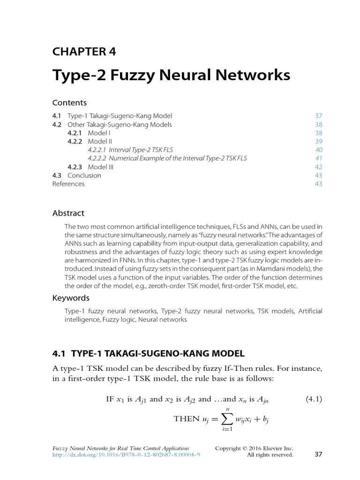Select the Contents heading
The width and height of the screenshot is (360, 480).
click(x=69, y=102)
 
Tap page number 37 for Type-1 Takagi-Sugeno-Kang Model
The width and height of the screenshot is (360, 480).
click(x=319, y=116)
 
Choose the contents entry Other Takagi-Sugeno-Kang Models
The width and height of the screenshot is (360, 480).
click(x=120, y=124)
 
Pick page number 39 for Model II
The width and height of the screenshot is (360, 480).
click(x=319, y=141)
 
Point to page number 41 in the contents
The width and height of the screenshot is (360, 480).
click(x=319, y=158)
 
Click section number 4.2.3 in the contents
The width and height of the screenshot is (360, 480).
click(x=75, y=167)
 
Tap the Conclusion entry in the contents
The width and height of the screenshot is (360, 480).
click(x=84, y=175)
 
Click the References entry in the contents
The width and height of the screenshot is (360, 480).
click(x=68, y=184)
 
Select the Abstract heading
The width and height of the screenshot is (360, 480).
click(x=68, y=213)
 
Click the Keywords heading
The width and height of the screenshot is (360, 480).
click(x=71, y=298)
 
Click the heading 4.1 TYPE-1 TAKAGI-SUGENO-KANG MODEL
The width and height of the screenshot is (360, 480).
click(x=148, y=353)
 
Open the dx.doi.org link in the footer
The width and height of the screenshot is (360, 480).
click(x=126, y=455)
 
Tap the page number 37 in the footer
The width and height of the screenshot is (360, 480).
click(x=318, y=454)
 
